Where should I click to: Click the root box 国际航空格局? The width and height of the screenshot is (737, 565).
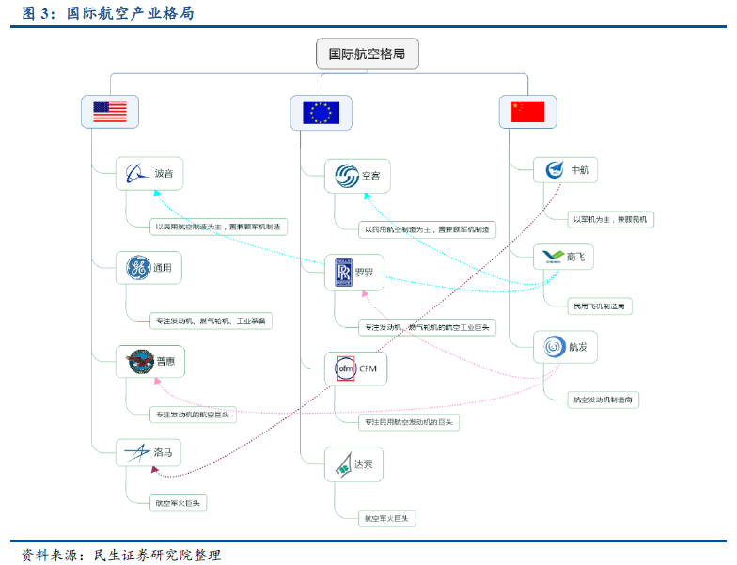click(x=367, y=54)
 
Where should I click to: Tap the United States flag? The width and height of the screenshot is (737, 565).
click(x=110, y=112)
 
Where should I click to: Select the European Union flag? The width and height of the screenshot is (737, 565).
click(x=321, y=113)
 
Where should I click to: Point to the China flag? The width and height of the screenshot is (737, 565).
click(x=527, y=112)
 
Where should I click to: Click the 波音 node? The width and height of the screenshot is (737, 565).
click(x=149, y=173)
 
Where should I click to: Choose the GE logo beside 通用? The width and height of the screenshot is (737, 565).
click(x=138, y=268)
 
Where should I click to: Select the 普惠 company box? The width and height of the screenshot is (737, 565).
click(x=149, y=360)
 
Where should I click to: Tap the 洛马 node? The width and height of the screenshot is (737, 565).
click(x=149, y=453)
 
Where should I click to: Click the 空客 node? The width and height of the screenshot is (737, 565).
click(x=358, y=176)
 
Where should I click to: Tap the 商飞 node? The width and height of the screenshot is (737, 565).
click(x=564, y=257)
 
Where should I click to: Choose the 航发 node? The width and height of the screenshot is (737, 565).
click(x=565, y=347)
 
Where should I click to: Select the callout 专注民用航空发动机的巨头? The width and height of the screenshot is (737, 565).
click(x=409, y=423)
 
